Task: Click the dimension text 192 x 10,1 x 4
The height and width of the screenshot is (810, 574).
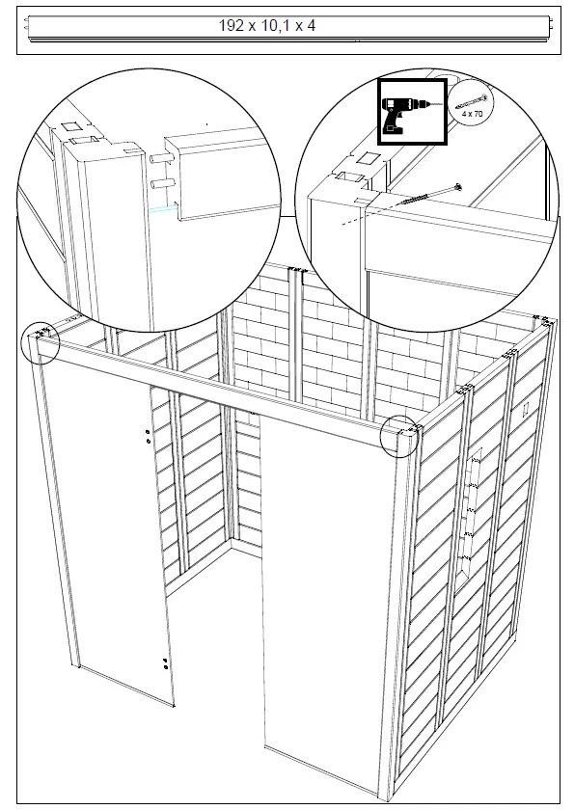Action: [x=267, y=26]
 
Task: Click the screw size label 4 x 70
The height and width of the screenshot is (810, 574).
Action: [x=472, y=115]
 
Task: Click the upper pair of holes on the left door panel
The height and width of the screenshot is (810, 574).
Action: [x=147, y=436]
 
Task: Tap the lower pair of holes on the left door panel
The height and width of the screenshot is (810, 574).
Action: [x=166, y=662]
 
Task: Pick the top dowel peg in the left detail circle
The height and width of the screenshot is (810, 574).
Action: [x=160, y=151]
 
